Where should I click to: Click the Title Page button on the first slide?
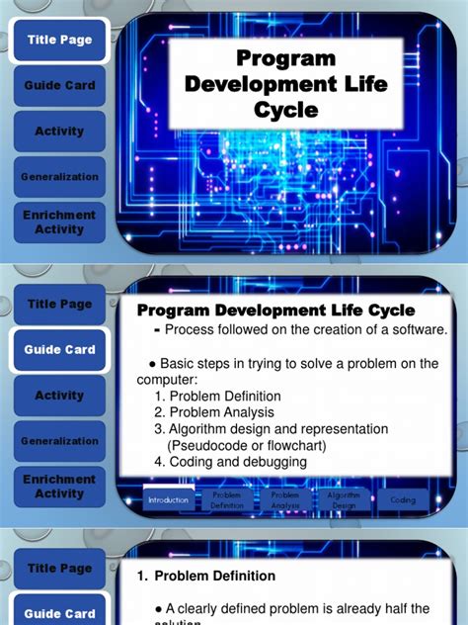coord(59,40)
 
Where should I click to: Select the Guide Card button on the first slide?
coord(59,86)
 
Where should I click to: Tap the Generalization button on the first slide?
coord(59,177)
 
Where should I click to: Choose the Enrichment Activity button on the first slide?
coord(59,223)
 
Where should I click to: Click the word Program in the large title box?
coord(286,60)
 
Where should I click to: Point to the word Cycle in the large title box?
coord(286,110)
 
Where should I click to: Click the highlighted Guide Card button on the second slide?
coord(59,350)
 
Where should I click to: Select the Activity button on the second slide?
coord(59,396)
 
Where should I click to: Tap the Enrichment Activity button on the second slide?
coord(59,487)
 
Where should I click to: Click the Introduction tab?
coord(169,500)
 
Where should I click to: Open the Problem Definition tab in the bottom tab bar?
coord(226,499)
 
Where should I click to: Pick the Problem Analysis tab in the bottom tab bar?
coord(284,499)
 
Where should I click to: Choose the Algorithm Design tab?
coord(343,499)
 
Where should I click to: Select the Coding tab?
coord(403,500)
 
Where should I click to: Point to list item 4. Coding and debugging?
coord(230,462)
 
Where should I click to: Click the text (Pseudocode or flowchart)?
coord(252,445)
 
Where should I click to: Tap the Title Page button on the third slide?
coord(59,569)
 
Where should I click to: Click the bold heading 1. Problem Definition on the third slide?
coord(205,576)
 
